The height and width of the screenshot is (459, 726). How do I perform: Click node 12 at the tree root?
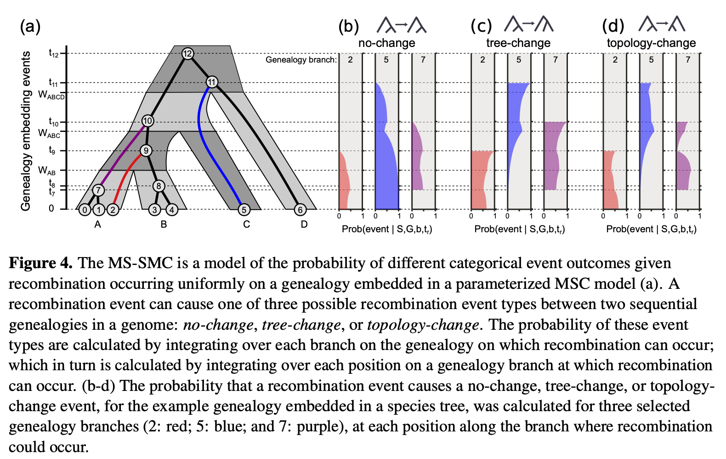(187, 54)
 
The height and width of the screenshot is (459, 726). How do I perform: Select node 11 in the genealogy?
(211, 82)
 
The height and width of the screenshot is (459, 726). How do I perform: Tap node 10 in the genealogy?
(147, 121)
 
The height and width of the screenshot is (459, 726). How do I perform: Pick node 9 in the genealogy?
(146, 150)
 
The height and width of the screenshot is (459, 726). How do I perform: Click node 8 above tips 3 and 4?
(159, 186)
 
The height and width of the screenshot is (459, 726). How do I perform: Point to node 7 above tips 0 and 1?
(98, 190)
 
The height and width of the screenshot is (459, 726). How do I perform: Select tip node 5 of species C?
(244, 210)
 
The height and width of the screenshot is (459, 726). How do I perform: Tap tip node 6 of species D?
(300, 210)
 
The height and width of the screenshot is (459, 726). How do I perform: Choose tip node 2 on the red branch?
(113, 210)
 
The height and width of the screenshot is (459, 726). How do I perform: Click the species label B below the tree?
(164, 224)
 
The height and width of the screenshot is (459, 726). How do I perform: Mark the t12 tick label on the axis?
(54, 53)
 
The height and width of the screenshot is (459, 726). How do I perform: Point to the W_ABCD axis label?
(51, 95)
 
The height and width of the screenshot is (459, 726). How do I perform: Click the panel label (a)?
(30, 27)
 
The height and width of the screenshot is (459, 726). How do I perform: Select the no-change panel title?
(386, 43)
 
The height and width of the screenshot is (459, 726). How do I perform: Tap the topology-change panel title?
(651, 43)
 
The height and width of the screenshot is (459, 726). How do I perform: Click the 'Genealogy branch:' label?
(301, 60)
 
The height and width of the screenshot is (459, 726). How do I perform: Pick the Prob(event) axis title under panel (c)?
(519, 229)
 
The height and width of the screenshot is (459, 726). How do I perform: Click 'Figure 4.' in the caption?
(40, 263)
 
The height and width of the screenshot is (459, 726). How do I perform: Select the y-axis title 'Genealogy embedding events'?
(26, 131)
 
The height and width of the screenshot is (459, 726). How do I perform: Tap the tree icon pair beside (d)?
(662, 24)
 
